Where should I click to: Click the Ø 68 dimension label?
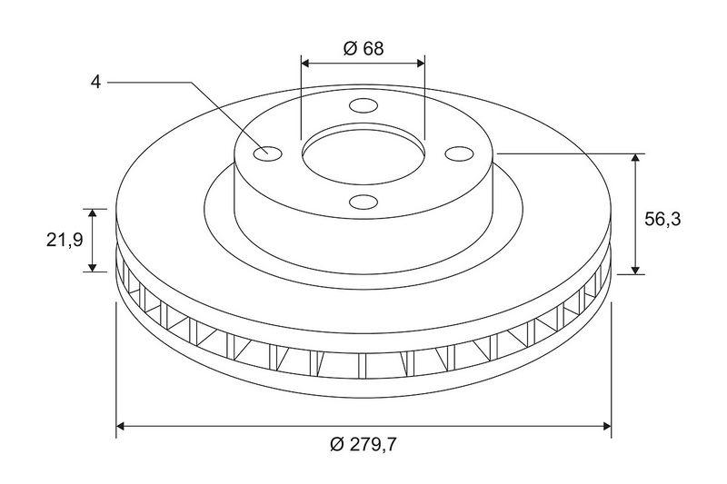tap(363, 48)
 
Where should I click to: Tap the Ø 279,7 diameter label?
tap(363, 445)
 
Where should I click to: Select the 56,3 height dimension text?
tap(662, 219)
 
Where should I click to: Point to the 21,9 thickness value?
tap(65, 240)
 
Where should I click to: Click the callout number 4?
tap(95, 83)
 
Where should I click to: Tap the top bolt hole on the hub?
tap(363, 105)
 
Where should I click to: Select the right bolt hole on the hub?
tap(459, 153)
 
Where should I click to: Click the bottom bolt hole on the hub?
tap(363, 202)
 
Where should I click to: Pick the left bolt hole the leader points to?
tap(268, 153)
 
